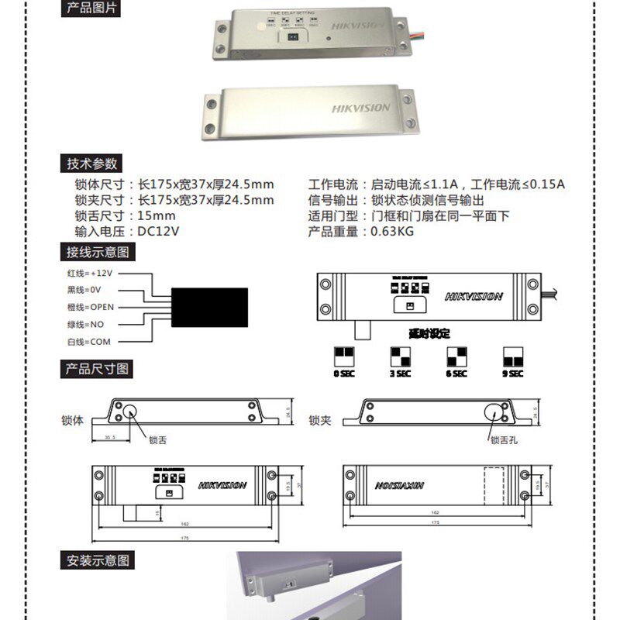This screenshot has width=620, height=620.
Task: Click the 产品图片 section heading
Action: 91,9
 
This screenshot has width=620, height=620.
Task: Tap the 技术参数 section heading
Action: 91,164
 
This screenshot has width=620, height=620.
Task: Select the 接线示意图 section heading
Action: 98,252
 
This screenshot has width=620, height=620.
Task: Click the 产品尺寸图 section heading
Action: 98,369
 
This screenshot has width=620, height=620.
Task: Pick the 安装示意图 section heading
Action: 98,560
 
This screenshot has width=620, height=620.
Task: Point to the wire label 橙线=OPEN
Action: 90,307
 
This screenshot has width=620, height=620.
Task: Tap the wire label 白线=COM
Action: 89,341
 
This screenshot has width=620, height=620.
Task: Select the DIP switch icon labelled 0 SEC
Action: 343,356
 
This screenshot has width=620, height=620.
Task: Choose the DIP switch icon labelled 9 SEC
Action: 513,356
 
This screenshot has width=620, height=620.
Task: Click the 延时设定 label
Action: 429,333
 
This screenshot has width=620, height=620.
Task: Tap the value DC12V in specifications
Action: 158,231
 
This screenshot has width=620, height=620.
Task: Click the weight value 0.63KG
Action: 392,231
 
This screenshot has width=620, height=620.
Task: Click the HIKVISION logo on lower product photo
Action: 361,108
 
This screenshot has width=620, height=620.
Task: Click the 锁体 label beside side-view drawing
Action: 72,420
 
